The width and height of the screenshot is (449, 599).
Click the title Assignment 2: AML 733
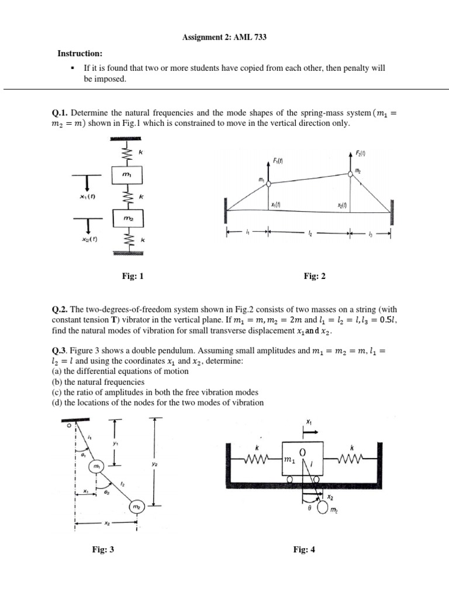pos(224,37)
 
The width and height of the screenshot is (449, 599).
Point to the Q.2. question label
pos(60,309)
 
